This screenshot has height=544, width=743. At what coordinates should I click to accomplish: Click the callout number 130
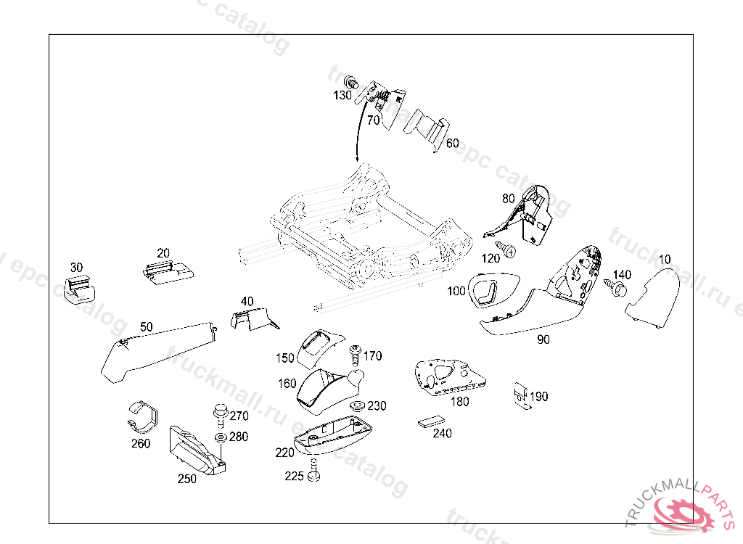342,95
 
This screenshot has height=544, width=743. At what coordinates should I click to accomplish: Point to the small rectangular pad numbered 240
431,421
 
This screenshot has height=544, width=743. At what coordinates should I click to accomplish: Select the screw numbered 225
313,472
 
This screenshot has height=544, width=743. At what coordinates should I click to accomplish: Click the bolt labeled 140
619,289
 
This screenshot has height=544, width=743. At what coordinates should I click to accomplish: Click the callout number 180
460,401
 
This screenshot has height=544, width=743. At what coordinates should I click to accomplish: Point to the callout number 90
543,339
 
